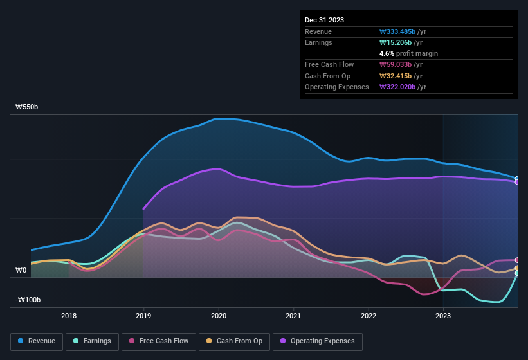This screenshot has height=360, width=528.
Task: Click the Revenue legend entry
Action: click(37, 341)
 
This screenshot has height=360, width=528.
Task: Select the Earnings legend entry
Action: click(91, 341)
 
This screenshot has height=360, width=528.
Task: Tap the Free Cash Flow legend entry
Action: click(159, 341)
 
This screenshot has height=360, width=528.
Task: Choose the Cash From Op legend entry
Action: click(233, 341)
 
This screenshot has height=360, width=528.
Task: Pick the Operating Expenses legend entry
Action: click(318, 341)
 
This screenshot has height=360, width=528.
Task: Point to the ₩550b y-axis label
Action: click(27, 107)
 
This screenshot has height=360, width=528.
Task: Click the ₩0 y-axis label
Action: click(21, 270)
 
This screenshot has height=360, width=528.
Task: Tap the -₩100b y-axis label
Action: click(28, 300)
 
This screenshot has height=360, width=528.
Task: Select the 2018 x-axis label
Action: click(69, 316)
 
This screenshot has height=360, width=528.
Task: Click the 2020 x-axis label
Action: click(219, 316)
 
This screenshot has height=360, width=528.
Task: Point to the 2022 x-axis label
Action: click(369, 316)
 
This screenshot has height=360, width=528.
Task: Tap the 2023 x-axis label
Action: click(443, 316)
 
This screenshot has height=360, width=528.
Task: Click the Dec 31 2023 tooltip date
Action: click(324, 20)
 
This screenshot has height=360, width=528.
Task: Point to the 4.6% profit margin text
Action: click(408, 53)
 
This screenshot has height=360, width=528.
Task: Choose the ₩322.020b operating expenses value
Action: click(403, 87)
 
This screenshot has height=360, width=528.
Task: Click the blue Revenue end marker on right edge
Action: click(517, 179)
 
